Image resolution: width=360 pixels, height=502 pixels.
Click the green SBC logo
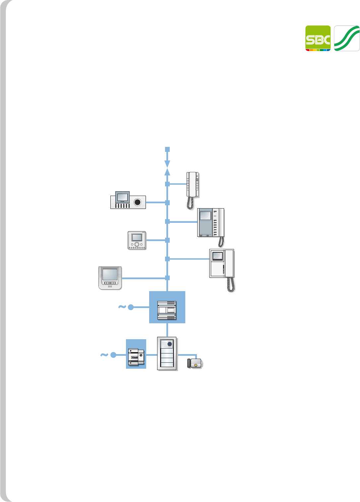tap(318, 38)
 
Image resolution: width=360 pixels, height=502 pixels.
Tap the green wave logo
tap(347, 38)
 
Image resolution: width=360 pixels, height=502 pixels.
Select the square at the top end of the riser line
tap(167, 150)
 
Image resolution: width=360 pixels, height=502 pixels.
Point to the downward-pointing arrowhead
tap(167, 164)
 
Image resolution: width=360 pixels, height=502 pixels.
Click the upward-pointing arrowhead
tap(167, 172)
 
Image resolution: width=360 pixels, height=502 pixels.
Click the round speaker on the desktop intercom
tap(137, 202)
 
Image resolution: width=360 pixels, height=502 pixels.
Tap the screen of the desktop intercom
tap(122, 197)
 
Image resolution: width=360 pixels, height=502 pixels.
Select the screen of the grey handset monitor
tap(205, 216)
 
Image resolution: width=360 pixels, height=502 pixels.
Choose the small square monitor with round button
tap(137, 240)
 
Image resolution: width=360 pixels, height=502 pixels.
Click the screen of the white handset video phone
tap(217, 256)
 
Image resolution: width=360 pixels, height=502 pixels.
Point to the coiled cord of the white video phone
tap(231, 284)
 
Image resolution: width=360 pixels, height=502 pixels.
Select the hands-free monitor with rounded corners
tap(110, 278)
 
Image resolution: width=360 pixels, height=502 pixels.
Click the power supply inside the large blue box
tap(167, 310)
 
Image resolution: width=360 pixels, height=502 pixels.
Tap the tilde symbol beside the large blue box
tap(122, 307)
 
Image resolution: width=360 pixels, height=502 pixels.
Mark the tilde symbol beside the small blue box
tap(104, 355)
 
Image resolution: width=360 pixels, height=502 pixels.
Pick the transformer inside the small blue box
tap(136, 357)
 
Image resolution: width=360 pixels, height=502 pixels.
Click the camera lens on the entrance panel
tap(170, 344)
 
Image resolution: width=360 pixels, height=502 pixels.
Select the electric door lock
tap(195, 363)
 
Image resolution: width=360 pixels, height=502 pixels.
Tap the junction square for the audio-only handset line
tap(167, 184)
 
